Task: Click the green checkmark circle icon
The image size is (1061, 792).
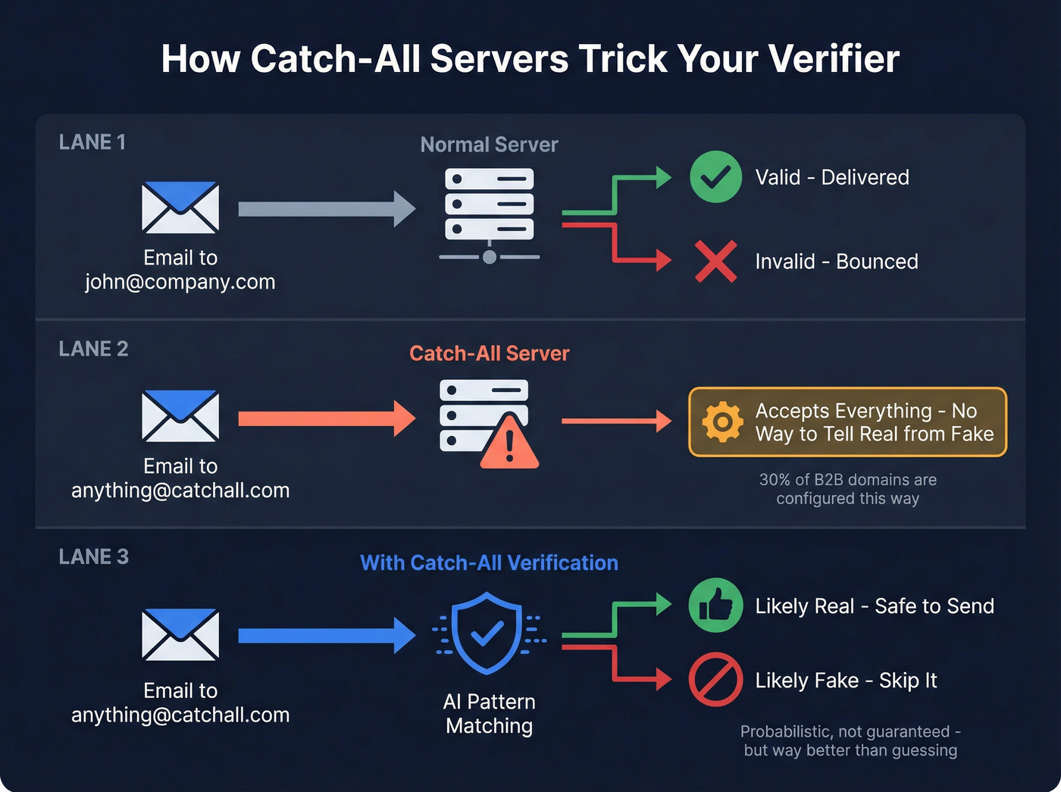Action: point(715,177)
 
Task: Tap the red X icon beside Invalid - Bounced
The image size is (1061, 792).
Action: point(715,261)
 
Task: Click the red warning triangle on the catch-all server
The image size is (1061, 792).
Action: point(509,443)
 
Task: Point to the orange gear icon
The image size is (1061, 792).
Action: point(722,421)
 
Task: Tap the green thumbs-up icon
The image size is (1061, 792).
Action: point(715,606)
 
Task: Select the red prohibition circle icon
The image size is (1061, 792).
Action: point(715,679)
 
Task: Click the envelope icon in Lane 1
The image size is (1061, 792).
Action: point(180,207)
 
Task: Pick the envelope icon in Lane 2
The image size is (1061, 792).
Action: point(180,415)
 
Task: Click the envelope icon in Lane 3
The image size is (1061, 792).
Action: point(180,634)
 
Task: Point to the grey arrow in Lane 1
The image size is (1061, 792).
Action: point(327,209)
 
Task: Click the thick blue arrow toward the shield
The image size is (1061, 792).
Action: point(327,635)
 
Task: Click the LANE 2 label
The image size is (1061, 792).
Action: point(94,349)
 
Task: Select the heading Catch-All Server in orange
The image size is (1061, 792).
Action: point(489,353)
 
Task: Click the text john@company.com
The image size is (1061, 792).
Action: point(180,282)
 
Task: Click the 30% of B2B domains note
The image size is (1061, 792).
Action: point(847,489)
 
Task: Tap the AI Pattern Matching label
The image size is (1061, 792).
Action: point(489,713)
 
